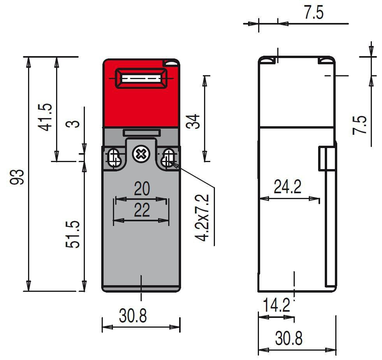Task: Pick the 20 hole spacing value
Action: (141, 189)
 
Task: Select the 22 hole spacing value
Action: (141, 211)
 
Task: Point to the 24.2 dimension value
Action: (287, 187)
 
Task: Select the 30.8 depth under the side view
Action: (289, 338)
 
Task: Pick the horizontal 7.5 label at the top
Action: (313, 13)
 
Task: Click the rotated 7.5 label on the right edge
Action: (360, 125)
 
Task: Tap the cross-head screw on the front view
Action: (140, 154)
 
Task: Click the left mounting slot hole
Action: (114, 158)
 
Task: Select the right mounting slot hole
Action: (169, 158)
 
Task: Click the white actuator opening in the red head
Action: (141, 79)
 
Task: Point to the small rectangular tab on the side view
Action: (327, 159)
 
